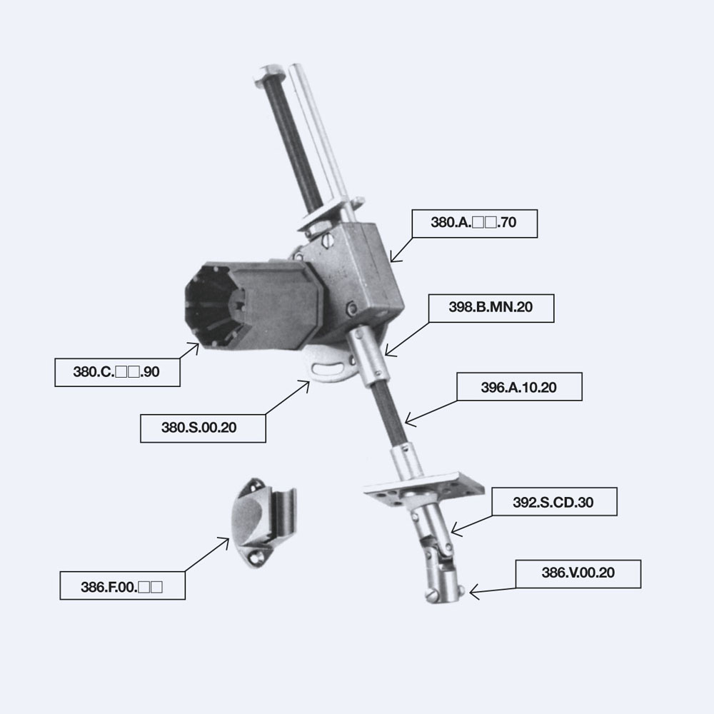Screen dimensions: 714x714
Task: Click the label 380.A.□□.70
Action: point(475,223)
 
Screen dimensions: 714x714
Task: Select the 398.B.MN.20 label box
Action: point(491,308)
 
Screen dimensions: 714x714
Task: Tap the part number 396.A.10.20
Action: point(519,387)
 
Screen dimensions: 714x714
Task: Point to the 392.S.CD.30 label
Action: point(554,502)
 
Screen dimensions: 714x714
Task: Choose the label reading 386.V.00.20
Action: point(578,574)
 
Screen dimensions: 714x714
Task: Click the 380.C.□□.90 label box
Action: point(118,373)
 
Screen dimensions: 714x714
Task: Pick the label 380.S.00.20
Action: point(203,428)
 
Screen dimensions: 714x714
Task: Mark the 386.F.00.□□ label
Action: point(123,585)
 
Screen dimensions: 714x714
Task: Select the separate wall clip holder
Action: point(263,522)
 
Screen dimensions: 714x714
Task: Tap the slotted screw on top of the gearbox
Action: point(328,241)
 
